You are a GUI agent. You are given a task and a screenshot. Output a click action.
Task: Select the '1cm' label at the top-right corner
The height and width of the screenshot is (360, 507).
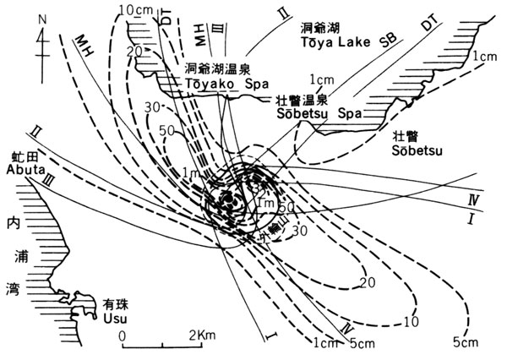click(485, 56)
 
